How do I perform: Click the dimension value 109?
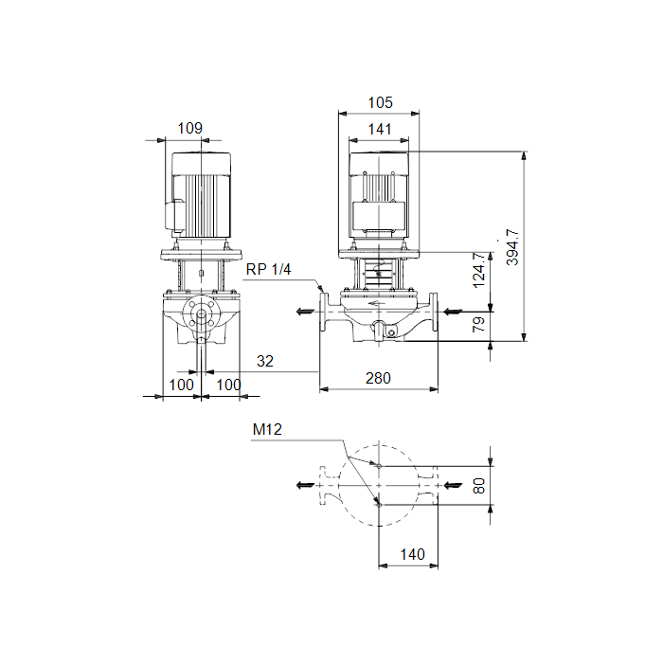point(189,128)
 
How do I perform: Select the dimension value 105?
point(380,102)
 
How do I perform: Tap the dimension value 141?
point(380,129)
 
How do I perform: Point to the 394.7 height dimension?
point(512,247)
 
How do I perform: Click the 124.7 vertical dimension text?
point(478,271)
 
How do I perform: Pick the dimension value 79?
point(478,324)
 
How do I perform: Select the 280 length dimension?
point(378,378)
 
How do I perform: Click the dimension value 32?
point(265,361)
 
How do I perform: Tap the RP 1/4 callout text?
point(268,269)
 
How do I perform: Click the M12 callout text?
point(267,430)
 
